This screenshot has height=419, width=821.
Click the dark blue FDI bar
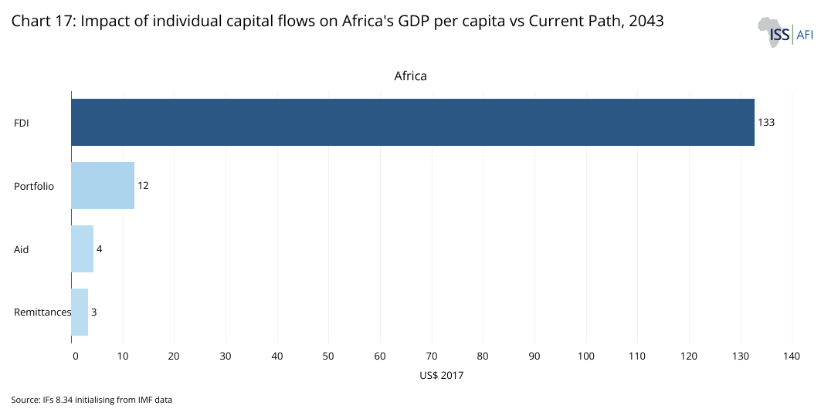(412, 122)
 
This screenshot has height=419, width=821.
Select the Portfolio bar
(103, 185)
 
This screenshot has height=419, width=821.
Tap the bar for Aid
(82, 248)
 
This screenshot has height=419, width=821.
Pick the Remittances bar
(80, 312)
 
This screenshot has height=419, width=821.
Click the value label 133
(765, 122)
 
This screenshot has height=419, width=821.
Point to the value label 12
(143, 185)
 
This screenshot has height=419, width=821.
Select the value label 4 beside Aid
(100, 248)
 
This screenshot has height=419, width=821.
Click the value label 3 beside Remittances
(93, 312)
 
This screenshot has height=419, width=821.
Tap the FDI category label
(22, 123)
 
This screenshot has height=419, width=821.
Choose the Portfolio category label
(34, 186)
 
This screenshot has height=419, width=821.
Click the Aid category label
(22, 249)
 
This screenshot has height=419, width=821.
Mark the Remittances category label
(42, 313)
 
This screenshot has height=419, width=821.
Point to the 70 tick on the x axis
(431, 356)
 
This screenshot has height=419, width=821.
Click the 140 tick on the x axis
(792, 356)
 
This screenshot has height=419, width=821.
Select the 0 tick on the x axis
(75, 356)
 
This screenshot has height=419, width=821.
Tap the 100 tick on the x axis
(585, 356)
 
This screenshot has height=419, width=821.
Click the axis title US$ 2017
(441, 375)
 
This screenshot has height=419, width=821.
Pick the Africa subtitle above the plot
(410, 76)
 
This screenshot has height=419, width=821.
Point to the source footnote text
(91, 400)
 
